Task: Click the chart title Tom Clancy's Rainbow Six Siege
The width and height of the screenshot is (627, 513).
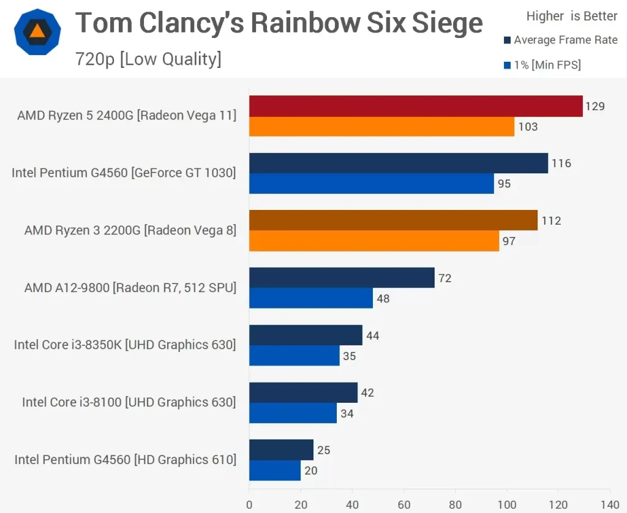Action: (x=279, y=24)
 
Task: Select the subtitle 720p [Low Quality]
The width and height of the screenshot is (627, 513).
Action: (x=148, y=59)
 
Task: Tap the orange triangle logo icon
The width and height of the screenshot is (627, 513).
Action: (x=37, y=32)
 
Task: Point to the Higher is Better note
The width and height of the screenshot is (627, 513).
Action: (x=572, y=17)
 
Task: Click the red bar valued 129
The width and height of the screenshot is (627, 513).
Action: (x=416, y=106)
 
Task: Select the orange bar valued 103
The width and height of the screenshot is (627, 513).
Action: (x=381, y=127)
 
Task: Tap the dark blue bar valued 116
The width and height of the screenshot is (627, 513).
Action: (x=399, y=163)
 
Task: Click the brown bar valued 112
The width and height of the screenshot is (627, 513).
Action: (x=393, y=220)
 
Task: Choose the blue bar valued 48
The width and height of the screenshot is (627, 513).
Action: (x=311, y=299)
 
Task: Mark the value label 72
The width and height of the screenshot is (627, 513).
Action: (x=445, y=279)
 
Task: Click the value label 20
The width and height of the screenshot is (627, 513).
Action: (x=310, y=471)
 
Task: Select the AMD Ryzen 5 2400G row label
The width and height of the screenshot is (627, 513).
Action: (x=127, y=115)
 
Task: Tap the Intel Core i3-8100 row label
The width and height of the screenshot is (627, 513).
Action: (x=129, y=402)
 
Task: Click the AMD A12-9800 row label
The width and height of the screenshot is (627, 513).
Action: (x=130, y=287)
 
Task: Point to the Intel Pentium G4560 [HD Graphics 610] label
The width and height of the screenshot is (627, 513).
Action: (x=125, y=459)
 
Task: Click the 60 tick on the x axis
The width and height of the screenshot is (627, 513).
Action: (x=404, y=505)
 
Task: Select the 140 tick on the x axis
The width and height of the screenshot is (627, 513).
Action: (x=609, y=505)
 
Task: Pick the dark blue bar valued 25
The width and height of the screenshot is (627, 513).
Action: (x=281, y=450)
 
